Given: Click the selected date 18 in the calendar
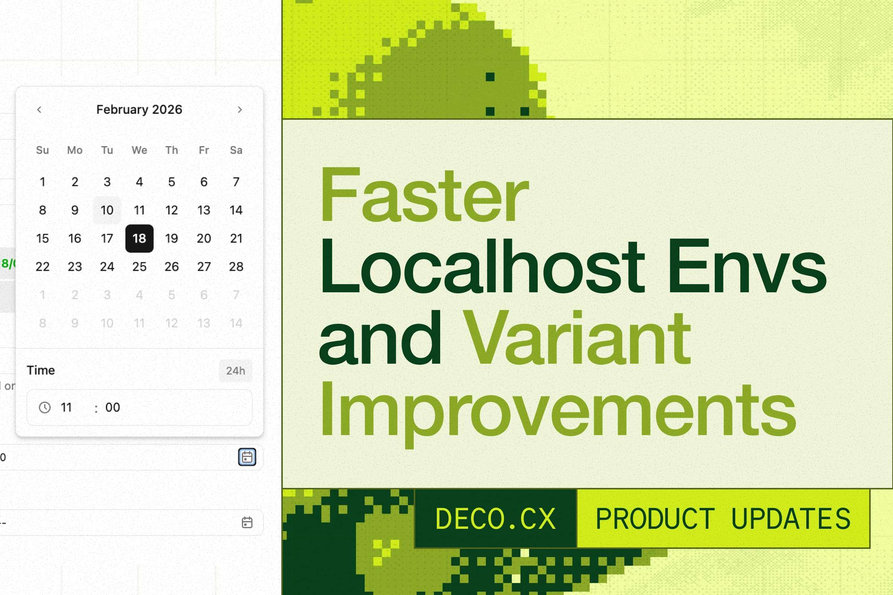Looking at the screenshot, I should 139,238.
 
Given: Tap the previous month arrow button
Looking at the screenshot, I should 39,110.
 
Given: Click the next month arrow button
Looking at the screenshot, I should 240,110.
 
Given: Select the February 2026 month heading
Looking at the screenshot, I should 139,110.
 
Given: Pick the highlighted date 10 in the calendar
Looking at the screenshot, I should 107,210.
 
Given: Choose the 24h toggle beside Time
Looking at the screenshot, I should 236,371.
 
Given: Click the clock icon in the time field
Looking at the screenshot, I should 45,408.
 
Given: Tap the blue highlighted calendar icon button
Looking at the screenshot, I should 247,457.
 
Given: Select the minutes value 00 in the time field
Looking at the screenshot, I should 113,408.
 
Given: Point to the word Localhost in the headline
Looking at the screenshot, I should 482,267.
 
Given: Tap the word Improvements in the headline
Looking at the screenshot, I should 558,412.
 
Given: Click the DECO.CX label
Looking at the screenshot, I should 496,519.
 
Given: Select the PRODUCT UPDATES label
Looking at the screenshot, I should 723,519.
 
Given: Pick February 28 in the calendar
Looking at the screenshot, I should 236,267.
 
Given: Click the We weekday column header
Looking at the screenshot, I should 139,150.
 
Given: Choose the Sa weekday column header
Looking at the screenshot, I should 236,150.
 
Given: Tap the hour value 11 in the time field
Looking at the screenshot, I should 67,408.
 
